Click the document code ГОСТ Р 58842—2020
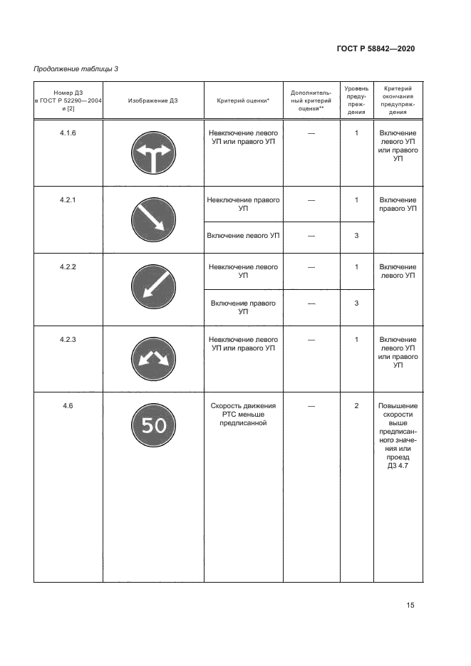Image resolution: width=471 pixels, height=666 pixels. pyautogui.click(x=375, y=48)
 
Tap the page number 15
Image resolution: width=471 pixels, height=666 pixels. pyautogui.click(x=410, y=605)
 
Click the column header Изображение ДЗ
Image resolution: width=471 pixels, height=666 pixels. pyautogui.click(x=153, y=100)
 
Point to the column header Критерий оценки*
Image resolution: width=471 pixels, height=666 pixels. pyautogui.click(x=243, y=100)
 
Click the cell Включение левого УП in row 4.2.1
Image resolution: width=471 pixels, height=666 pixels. pyautogui.click(x=243, y=235)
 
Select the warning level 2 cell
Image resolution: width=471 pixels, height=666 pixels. pyautogui.click(x=356, y=406)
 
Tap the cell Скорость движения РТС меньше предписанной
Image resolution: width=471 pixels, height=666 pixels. pyautogui.click(x=243, y=414)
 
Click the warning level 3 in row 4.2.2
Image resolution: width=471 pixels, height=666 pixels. pyautogui.click(x=356, y=303)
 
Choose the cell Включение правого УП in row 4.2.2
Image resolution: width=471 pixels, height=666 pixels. pyautogui.click(x=243, y=307)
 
